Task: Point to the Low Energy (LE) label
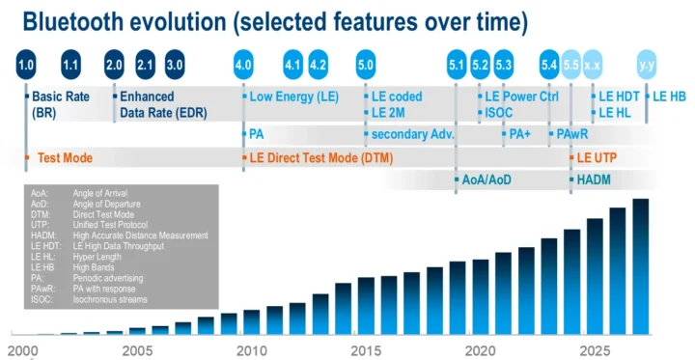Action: coord(292,97)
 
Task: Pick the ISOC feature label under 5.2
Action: coord(499,113)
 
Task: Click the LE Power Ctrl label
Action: coord(521,97)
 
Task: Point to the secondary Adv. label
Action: coord(412,134)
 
